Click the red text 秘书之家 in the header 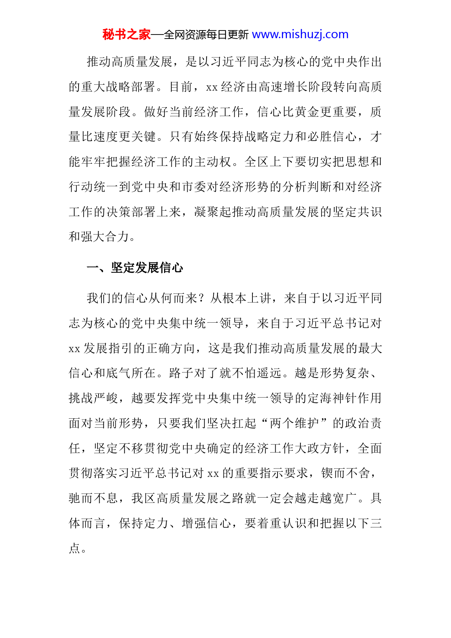pyautogui.click(x=126, y=35)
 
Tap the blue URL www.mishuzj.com pyautogui.click(x=300, y=35)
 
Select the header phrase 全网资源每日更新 pyautogui.click(x=206, y=35)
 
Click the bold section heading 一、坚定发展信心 pyautogui.click(x=135, y=268)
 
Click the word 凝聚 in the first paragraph pyautogui.click(x=206, y=212)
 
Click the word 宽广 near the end pyautogui.click(x=344, y=499)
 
